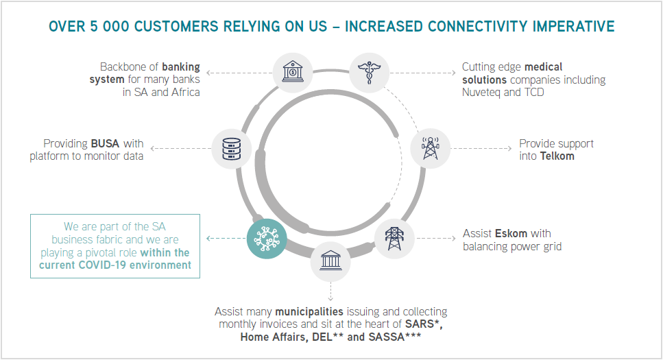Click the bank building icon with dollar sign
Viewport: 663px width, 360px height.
coord(293,72)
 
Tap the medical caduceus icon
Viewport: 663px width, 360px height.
coord(369,72)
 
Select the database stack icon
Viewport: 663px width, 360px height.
coord(231,149)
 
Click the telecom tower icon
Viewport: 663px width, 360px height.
coord(430,149)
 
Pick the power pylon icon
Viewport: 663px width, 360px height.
coord(394,239)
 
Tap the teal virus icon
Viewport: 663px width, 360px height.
coord(267,239)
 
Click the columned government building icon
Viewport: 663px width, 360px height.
coord(330,260)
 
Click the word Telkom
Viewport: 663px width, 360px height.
coord(557,156)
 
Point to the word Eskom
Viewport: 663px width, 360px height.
coord(511,234)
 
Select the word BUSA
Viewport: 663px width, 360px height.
coord(106,144)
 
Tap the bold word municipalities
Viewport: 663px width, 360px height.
coord(309,312)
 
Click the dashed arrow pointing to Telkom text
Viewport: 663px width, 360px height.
coord(481,149)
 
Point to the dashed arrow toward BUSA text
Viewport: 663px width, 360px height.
coord(180,149)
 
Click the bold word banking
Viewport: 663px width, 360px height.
coord(181,67)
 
